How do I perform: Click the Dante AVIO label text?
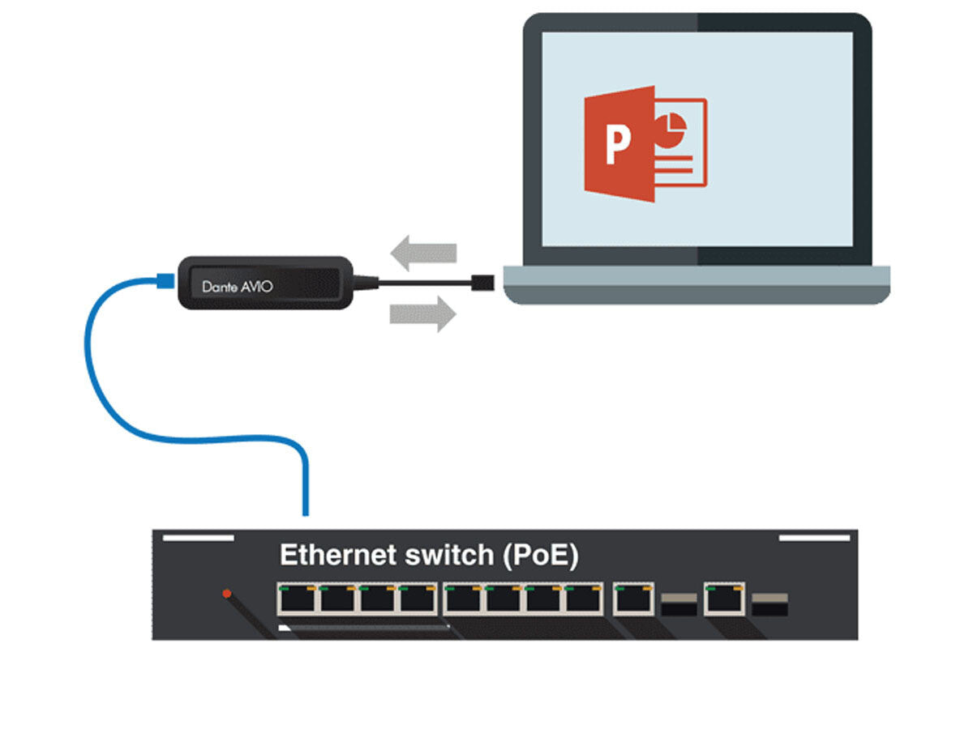pyautogui.click(x=236, y=286)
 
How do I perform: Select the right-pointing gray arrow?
pyautogui.click(x=422, y=313)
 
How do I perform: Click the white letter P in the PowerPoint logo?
pyautogui.click(x=618, y=144)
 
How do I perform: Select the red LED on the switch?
pyautogui.click(x=228, y=594)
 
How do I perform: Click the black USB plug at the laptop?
pyautogui.click(x=482, y=282)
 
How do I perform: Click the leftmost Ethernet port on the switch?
pyautogui.click(x=296, y=599)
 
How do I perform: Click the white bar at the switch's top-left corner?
pyautogui.click(x=198, y=537)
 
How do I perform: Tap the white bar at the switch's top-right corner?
pyautogui.click(x=814, y=537)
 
